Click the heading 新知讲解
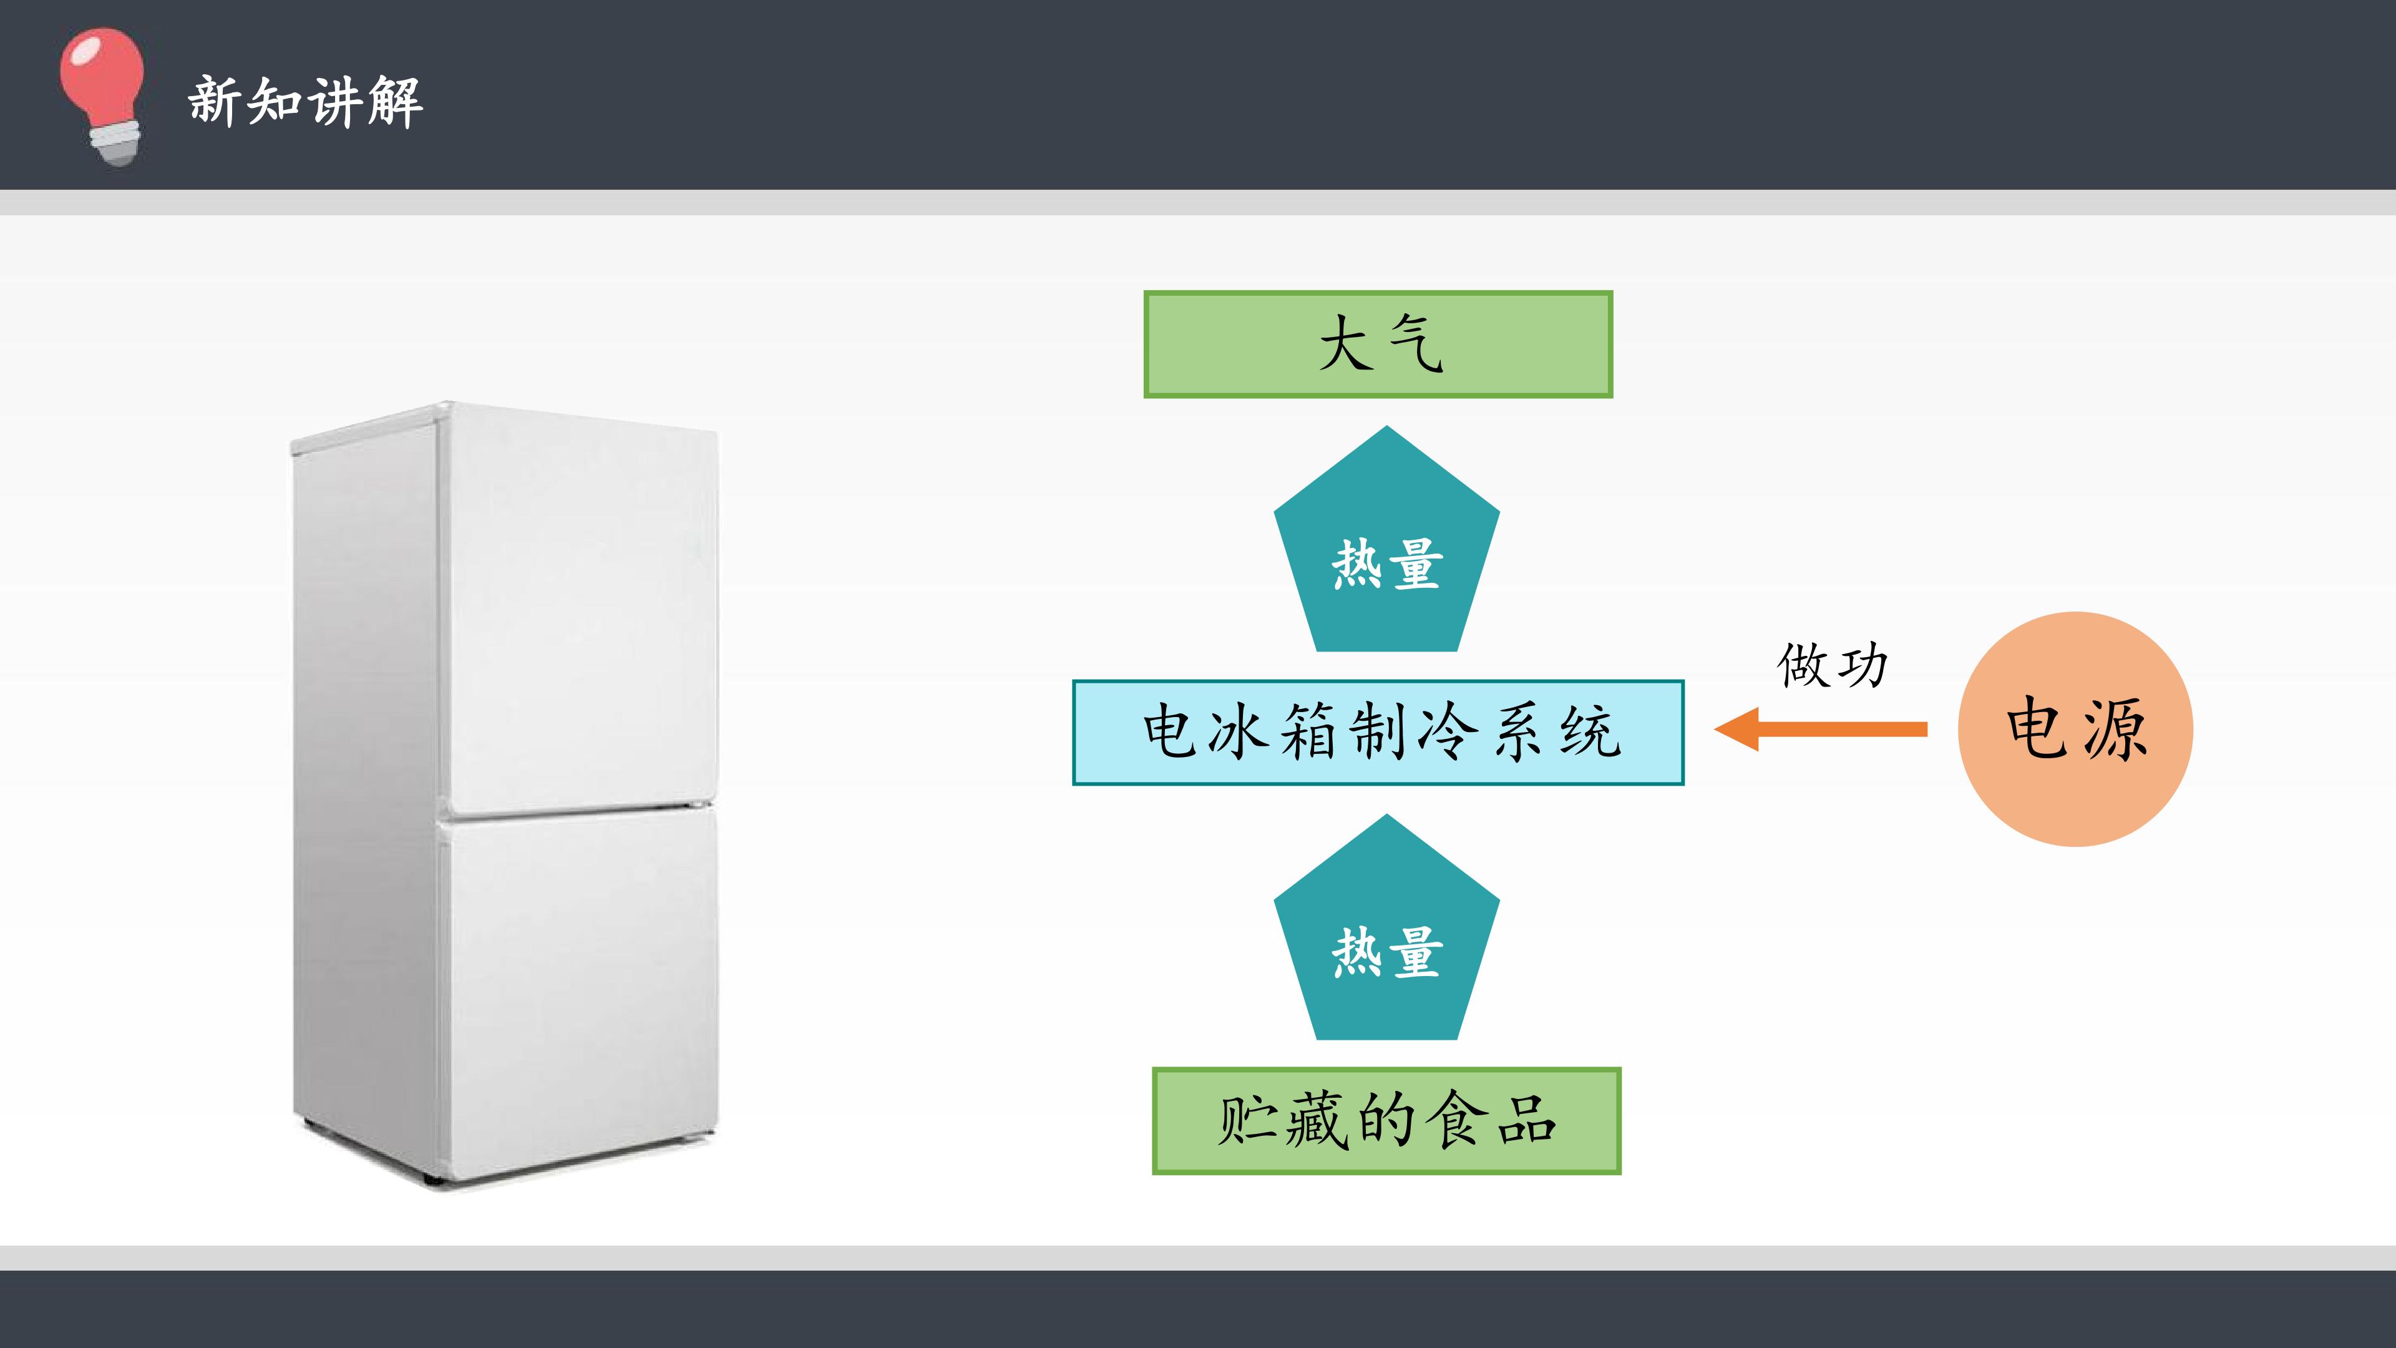(x=306, y=101)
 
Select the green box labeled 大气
(x=1378, y=344)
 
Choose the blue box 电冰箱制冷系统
(x=1378, y=732)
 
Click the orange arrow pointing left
(x=1820, y=728)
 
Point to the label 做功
(x=1833, y=665)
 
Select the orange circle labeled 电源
(x=2075, y=728)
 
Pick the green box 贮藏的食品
(x=1386, y=1120)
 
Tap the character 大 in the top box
(x=1346, y=343)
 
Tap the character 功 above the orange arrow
(x=1863, y=666)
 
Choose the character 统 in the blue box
(x=1592, y=731)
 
